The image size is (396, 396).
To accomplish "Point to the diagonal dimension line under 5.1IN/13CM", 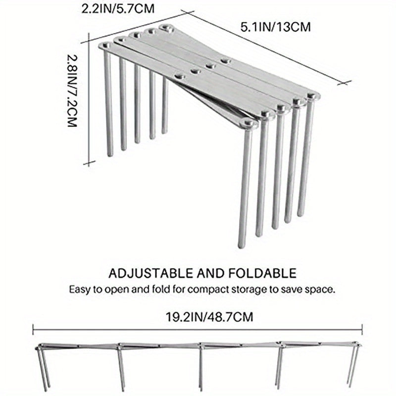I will (267, 47).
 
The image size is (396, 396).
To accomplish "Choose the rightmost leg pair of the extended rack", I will (353, 366).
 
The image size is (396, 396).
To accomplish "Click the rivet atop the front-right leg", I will (248, 123).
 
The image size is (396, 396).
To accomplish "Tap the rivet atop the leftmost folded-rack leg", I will (104, 46).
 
